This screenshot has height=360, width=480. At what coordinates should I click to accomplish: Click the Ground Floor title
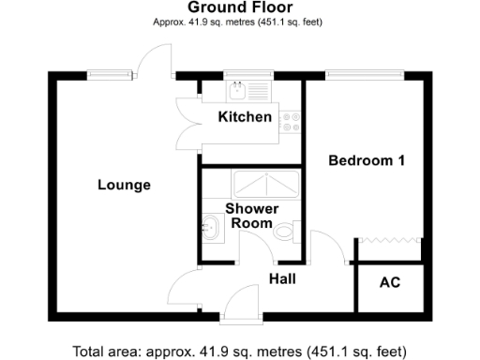pyautogui.click(x=239, y=7)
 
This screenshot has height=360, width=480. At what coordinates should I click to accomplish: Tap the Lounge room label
pyautogui.click(x=124, y=185)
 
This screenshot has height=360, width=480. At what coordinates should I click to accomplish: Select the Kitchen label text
pyautogui.click(x=245, y=117)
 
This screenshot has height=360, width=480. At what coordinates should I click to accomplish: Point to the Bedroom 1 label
pyautogui.click(x=367, y=160)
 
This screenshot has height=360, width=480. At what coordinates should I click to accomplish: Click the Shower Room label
pyautogui.click(x=248, y=216)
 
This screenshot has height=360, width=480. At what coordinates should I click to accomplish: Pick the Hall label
pyautogui.click(x=284, y=278)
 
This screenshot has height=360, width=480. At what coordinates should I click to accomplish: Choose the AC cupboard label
pyautogui.click(x=389, y=282)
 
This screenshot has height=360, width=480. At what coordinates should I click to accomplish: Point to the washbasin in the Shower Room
pyautogui.click(x=210, y=226)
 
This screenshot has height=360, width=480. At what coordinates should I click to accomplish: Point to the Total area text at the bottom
pyautogui.click(x=239, y=352)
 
